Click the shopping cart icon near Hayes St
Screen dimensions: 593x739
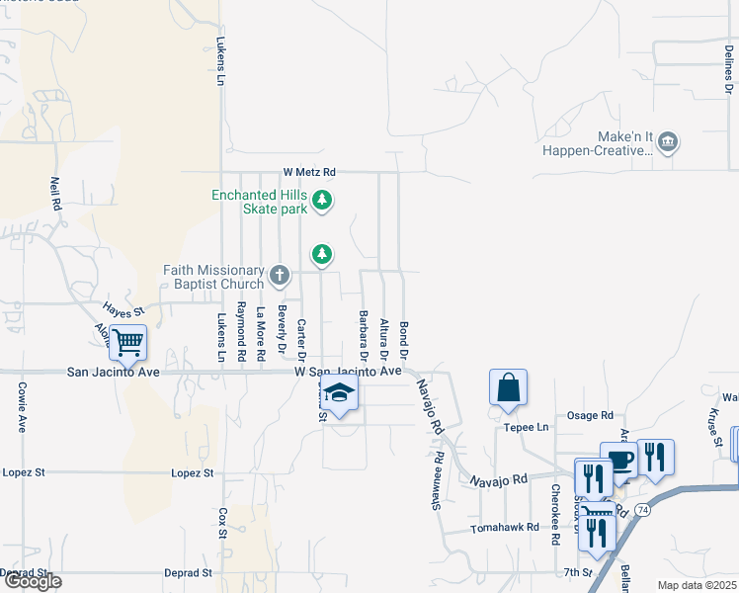127,343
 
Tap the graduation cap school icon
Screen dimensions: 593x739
339,394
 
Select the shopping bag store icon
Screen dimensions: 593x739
508,387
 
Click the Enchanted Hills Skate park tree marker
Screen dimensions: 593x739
322,202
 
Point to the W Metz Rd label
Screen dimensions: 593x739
309,171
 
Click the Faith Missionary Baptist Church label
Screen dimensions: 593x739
216,277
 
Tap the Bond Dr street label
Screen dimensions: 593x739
404,339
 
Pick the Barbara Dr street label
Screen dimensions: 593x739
364,336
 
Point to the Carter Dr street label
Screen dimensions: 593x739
302,339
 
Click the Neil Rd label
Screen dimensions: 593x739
56,193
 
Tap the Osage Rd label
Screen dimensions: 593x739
592,415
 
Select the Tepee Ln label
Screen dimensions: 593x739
527,428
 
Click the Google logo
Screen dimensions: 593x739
32,581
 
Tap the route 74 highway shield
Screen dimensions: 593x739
643,509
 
